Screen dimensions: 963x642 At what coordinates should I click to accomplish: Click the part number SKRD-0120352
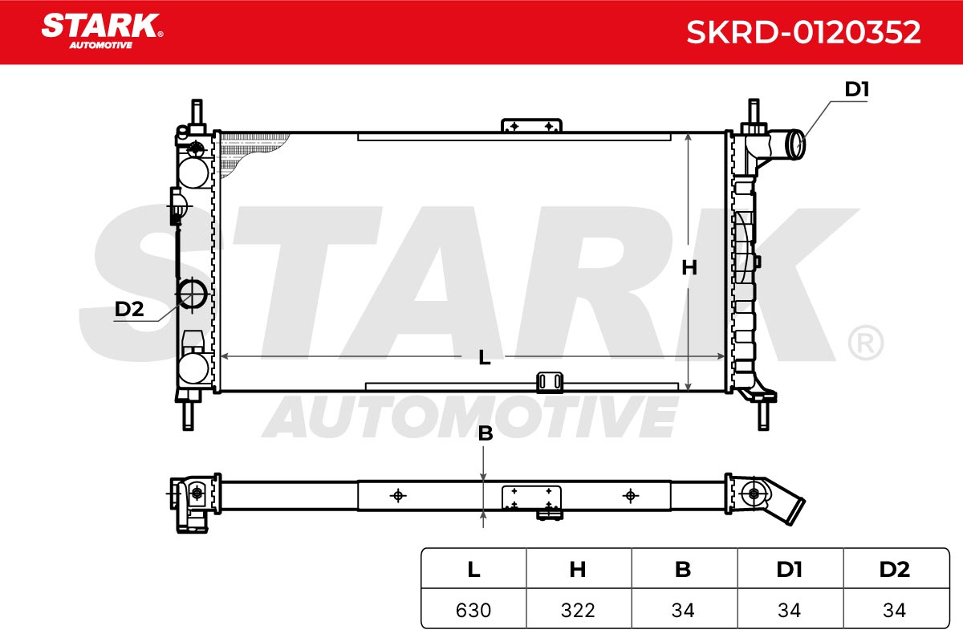(803, 32)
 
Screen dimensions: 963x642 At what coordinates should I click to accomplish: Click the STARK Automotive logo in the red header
(102, 31)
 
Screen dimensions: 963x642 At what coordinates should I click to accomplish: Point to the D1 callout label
(857, 89)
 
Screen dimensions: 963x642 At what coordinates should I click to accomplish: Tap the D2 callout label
(129, 309)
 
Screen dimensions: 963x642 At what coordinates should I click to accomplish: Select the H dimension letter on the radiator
(689, 268)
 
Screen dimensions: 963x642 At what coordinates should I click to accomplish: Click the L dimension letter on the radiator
(485, 357)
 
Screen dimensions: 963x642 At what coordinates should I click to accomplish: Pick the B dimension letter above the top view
(486, 433)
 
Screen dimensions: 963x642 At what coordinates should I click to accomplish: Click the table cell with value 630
(473, 610)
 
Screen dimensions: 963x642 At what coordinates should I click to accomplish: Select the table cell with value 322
(579, 610)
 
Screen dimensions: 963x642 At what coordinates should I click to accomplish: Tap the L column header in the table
(473, 569)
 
